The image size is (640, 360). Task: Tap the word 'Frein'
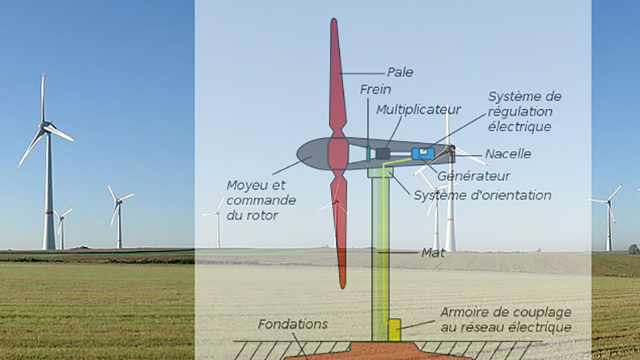(375, 89)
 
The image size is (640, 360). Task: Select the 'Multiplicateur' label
(418, 109)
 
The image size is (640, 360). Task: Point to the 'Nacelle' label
(508, 154)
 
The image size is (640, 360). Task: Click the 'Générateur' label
(474, 175)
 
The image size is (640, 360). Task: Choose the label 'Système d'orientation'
(482, 195)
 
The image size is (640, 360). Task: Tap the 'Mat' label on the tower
(432, 253)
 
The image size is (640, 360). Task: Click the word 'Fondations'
(294, 325)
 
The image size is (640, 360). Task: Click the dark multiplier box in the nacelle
(382, 153)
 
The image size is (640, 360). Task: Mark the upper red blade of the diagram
(338, 80)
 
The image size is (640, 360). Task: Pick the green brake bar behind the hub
(367, 152)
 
